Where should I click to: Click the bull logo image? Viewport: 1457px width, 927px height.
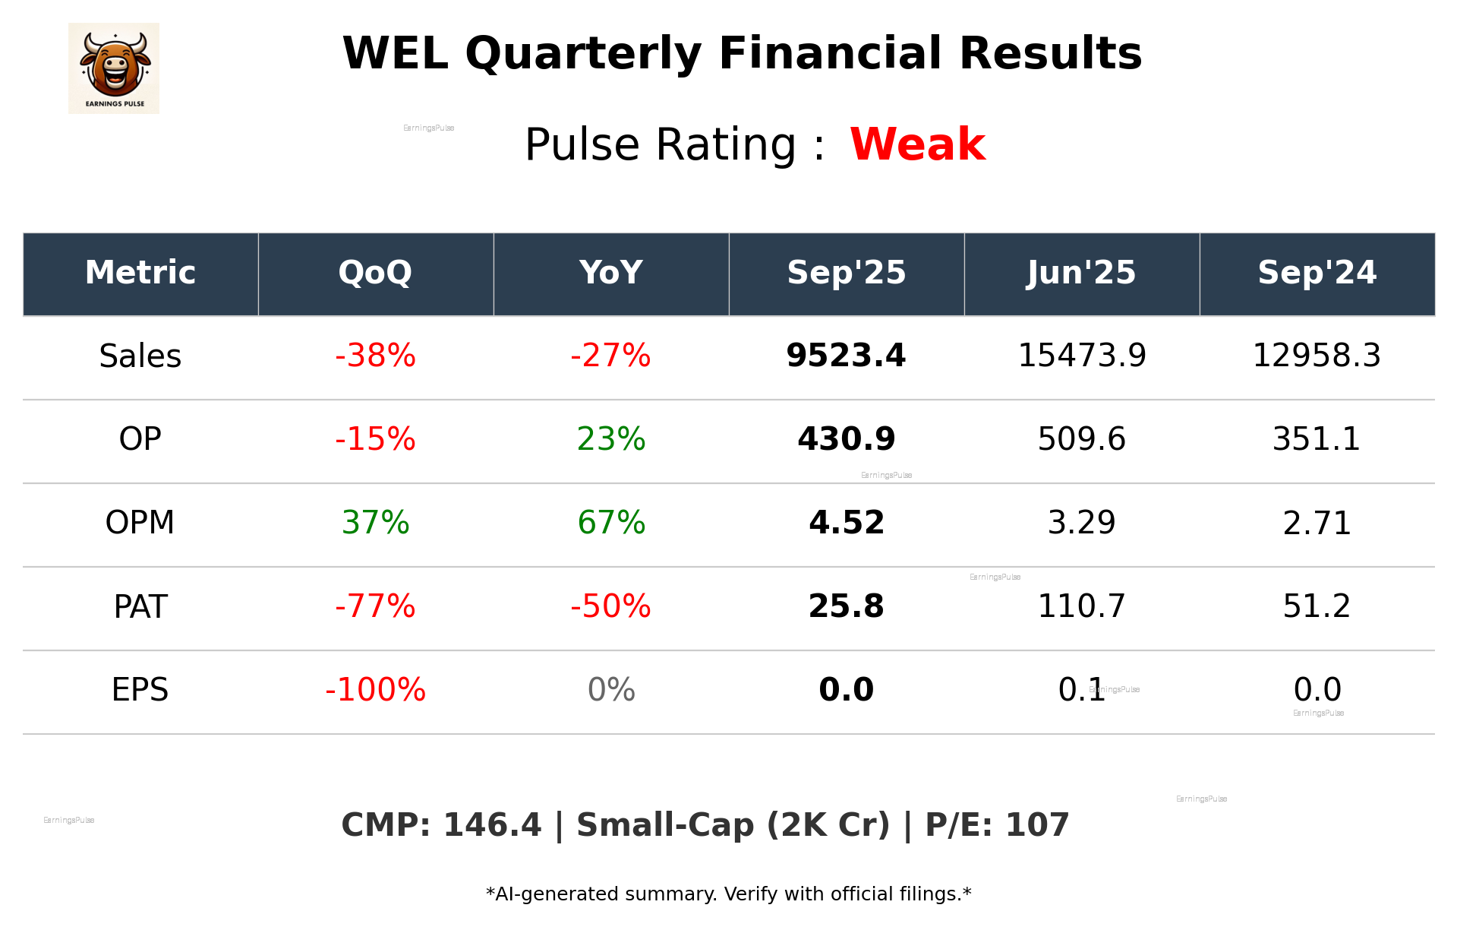click(114, 68)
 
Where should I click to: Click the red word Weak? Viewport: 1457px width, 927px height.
click(917, 144)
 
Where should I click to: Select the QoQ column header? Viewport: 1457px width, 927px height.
click(375, 273)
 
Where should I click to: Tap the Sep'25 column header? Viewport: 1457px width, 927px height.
click(846, 273)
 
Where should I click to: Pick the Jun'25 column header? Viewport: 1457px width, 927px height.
click(1081, 273)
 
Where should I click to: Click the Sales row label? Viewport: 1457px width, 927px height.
click(140, 356)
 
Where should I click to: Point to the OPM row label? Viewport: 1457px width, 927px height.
click(140, 523)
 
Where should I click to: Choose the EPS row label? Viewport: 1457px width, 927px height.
click(140, 690)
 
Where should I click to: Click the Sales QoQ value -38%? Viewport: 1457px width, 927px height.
click(375, 356)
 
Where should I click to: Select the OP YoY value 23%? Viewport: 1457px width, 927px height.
click(611, 439)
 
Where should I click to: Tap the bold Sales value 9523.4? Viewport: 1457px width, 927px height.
click(846, 356)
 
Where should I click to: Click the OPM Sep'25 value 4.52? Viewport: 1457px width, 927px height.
click(846, 523)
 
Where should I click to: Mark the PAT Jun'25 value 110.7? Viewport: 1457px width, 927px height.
click(1081, 606)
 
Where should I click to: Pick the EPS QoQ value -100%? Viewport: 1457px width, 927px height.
click(375, 690)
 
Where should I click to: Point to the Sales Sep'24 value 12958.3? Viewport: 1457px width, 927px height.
click(1317, 356)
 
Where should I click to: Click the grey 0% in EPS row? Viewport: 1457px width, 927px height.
click(611, 690)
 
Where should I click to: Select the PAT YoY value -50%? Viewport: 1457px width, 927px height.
click(611, 606)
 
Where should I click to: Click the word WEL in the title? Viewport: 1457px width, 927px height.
click(395, 55)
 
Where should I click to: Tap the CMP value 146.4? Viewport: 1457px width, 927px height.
click(492, 826)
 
